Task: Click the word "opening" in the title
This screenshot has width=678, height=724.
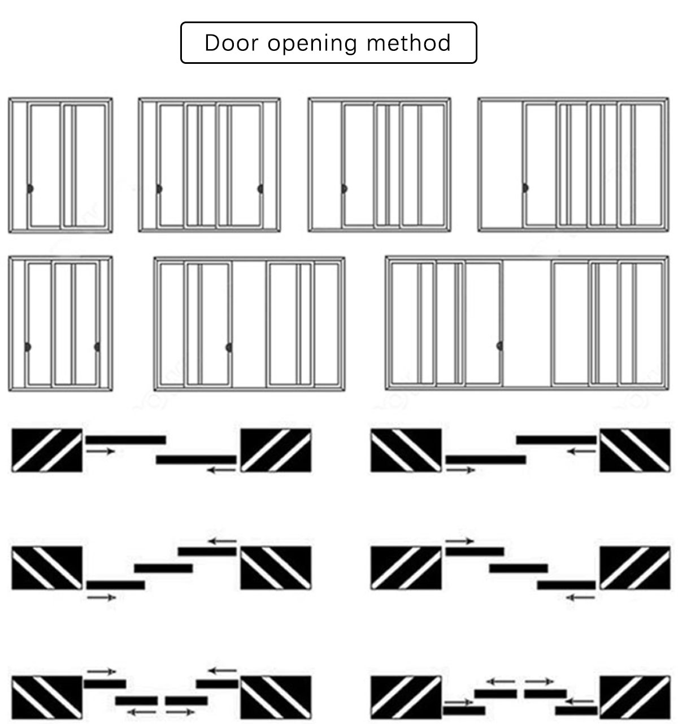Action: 312,44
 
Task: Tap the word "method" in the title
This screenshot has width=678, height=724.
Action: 408,42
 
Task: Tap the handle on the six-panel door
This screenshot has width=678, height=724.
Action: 500,346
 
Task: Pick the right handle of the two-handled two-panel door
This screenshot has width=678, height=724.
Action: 97,347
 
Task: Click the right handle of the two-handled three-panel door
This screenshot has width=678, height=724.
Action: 260,189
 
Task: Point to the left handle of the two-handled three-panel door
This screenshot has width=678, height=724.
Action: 159,189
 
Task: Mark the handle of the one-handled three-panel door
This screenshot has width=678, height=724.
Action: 344,188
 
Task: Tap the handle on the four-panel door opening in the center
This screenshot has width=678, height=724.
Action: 229,348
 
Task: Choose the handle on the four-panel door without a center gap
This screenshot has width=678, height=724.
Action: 525,188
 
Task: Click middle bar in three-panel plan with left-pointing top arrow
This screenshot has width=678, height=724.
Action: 163,569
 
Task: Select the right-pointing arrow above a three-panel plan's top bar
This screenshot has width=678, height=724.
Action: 460,541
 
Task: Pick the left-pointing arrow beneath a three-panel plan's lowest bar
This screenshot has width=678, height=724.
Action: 580,597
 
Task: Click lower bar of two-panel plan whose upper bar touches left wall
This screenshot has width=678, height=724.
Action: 196,459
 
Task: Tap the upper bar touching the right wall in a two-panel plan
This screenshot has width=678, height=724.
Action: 557,440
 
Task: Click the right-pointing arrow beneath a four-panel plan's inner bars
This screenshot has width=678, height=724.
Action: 180,712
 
